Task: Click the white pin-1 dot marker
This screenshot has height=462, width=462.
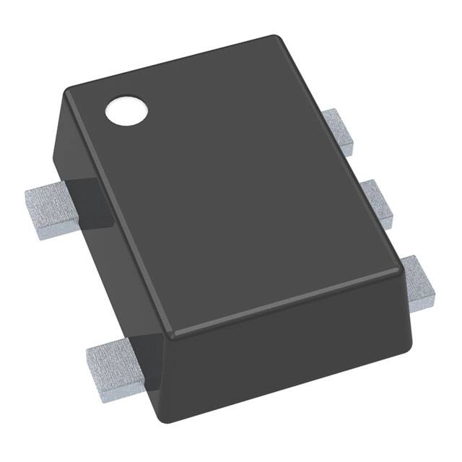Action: [x=126, y=110]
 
